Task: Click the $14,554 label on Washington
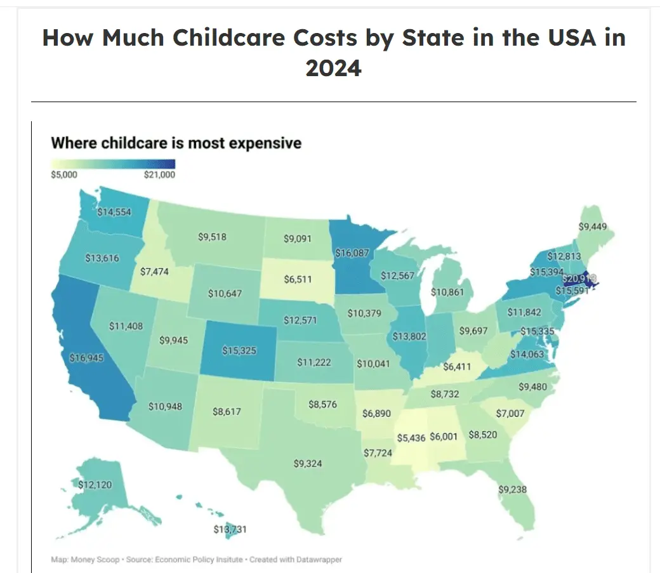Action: tap(114, 212)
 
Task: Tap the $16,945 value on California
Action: tap(86, 358)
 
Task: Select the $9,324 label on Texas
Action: tap(308, 464)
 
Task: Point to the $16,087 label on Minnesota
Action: tap(352, 253)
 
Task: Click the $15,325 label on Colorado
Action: tap(239, 350)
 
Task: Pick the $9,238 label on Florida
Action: tap(512, 489)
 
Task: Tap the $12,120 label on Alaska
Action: tap(95, 485)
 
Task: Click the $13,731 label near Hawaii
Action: tap(229, 529)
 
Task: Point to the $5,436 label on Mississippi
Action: tap(411, 438)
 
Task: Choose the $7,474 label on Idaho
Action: tap(155, 272)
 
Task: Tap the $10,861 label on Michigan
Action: tap(447, 293)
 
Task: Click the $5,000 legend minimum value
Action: tap(63, 175)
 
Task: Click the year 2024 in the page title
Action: tap(333, 67)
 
